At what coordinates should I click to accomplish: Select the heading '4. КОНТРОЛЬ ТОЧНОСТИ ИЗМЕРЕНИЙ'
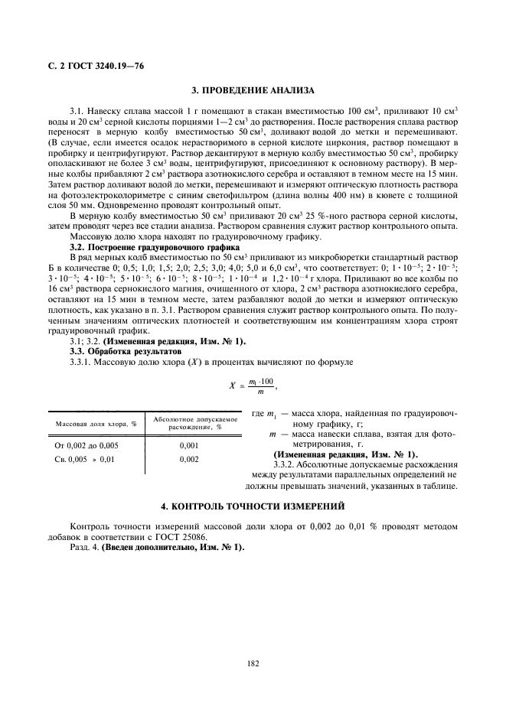[x=253, y=506]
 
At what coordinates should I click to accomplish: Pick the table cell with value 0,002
[x=189, y=459]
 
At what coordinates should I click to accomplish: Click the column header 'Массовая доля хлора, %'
[x=95, y=423]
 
